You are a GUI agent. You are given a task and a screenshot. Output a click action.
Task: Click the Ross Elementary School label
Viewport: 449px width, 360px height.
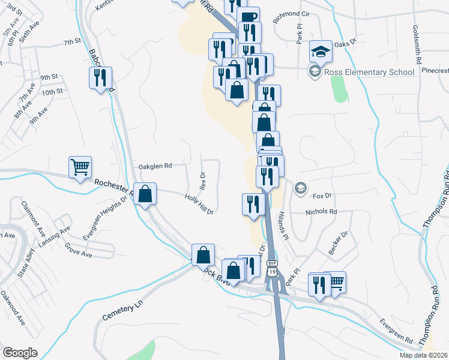(369, 72)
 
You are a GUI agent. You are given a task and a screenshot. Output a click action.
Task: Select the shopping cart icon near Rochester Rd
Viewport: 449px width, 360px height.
(80, 167)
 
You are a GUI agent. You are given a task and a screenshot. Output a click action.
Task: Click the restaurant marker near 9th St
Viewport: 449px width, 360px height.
(100, 77)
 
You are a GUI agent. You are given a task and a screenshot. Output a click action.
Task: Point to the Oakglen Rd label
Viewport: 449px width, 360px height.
(155, 166)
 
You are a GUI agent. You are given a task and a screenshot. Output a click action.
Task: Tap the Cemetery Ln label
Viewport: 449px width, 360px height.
(125, 310)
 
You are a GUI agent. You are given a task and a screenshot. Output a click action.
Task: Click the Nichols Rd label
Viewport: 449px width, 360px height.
(321, 212)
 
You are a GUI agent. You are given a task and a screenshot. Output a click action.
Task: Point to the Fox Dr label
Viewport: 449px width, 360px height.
(322, 196)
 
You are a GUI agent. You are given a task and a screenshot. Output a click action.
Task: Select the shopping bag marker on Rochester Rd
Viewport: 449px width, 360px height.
(145, 194)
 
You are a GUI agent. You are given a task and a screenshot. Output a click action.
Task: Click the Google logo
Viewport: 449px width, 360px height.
(20, 353)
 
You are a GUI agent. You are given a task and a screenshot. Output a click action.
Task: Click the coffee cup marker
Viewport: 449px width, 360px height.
(248, 17)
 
